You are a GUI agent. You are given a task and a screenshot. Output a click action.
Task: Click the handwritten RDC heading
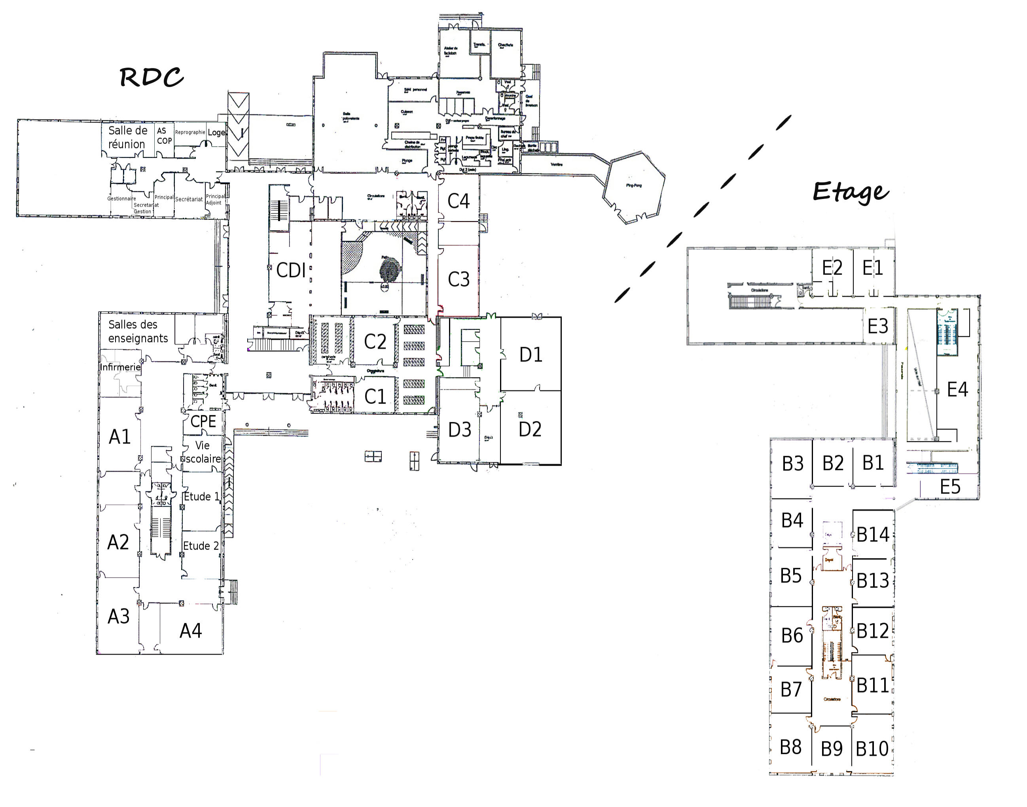151,77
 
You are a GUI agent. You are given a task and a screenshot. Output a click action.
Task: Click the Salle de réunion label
127,137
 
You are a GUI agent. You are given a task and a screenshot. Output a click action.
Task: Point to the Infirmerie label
120,367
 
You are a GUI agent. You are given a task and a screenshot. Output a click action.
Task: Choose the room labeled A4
191,631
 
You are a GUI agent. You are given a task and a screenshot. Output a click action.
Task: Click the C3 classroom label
458,279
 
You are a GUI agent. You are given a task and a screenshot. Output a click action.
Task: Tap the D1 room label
531,354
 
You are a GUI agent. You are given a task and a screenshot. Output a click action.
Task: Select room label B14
873,535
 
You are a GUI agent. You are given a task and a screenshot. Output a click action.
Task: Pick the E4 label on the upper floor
957,389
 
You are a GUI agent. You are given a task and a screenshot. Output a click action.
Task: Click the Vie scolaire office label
203,452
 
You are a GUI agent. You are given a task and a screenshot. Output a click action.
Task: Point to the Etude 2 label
201,546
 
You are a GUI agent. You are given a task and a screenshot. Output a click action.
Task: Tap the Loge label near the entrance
216,132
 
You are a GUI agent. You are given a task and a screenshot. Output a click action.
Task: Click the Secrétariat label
189,199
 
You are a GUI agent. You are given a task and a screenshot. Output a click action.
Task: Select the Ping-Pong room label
633,186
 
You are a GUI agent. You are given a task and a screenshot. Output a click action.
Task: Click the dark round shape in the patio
390,272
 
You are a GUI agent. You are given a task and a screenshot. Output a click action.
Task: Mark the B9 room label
832,748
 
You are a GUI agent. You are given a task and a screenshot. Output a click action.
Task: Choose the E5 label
950,487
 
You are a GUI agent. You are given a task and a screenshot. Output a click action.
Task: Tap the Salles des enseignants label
138,331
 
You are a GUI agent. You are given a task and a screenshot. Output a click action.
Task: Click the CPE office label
203,421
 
